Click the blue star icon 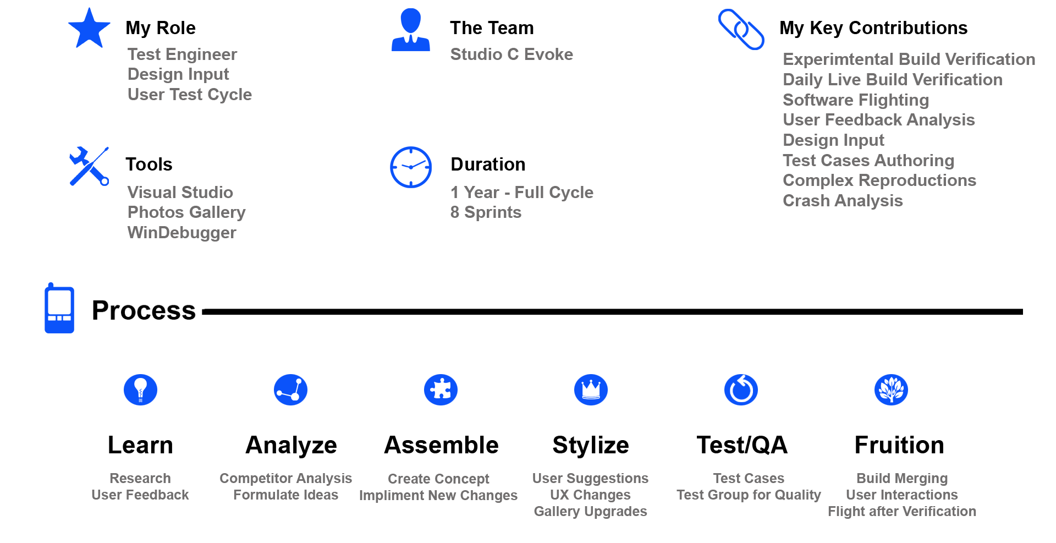click(x=89, y=29)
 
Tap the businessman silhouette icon click(x=410, y=31)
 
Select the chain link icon click(x=741, y=29)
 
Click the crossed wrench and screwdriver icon click(x=89, y=166)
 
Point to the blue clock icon click(x=411, y=167)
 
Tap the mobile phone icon click(x=59, y=309)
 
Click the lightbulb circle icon click(x=140, y=390)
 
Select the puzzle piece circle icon click(x=441, y=390)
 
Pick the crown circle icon click(x=591, y=390)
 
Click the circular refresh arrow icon click(x=741, y=390)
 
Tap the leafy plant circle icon click(x=891, y=390)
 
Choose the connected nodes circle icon click(x=290, y=390)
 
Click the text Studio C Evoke click(x=512, y=54)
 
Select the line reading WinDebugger click(x=182, y=233)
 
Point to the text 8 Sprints click(x=486, y=212)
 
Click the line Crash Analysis click(x=843, y=201)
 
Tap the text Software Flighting click(x=856, y=100)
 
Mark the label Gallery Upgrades click(x=590, y=512)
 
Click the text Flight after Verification click(x=902, y=512)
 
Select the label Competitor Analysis click(x=285, y=479)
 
